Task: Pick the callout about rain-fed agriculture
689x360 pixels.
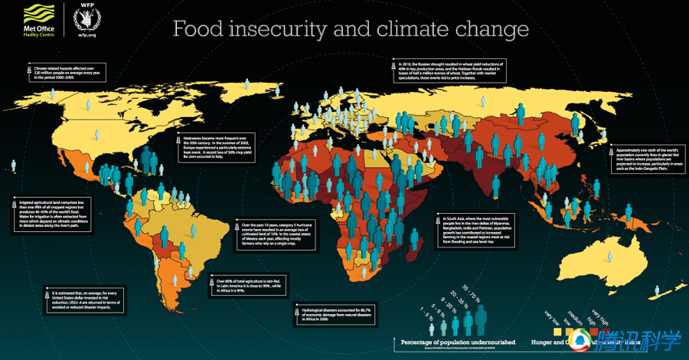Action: (245, 285)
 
